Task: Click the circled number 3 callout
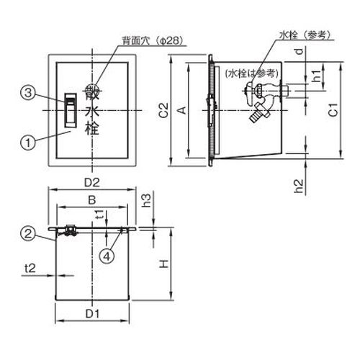pyautogui.click(x=28, y=93)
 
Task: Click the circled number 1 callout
pyautogui.click(x=28, y=143)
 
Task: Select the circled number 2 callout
pyautogui.click(x=28, y=233)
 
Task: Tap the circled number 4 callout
pyautogui.click(x=107, y=256)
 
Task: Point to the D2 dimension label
pyautogui.click(x=92, y=183)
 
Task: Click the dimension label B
pyautogui.click(x=92, y=200)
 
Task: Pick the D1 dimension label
pyautogui.click(x=92, y=314)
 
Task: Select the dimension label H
pyautogui.click(x=164, y=264)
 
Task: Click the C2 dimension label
pyautogui.click(x=163, y=110)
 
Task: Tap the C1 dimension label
pyautogui.click(x=333, y=109)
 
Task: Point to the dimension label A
pyautogui.click(x=183, y=110)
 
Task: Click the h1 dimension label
pyautogui.click(x=316, y=76)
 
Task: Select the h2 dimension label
pyautogui.click(x=299, y=186)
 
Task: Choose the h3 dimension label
pyautogui.click(x=146, y=201)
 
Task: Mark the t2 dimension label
pyautogui.click(x=30, y=268)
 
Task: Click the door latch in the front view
pyautogui.click(x=71, y=110)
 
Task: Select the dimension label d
pyautogui.click(x=300, y=51)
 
